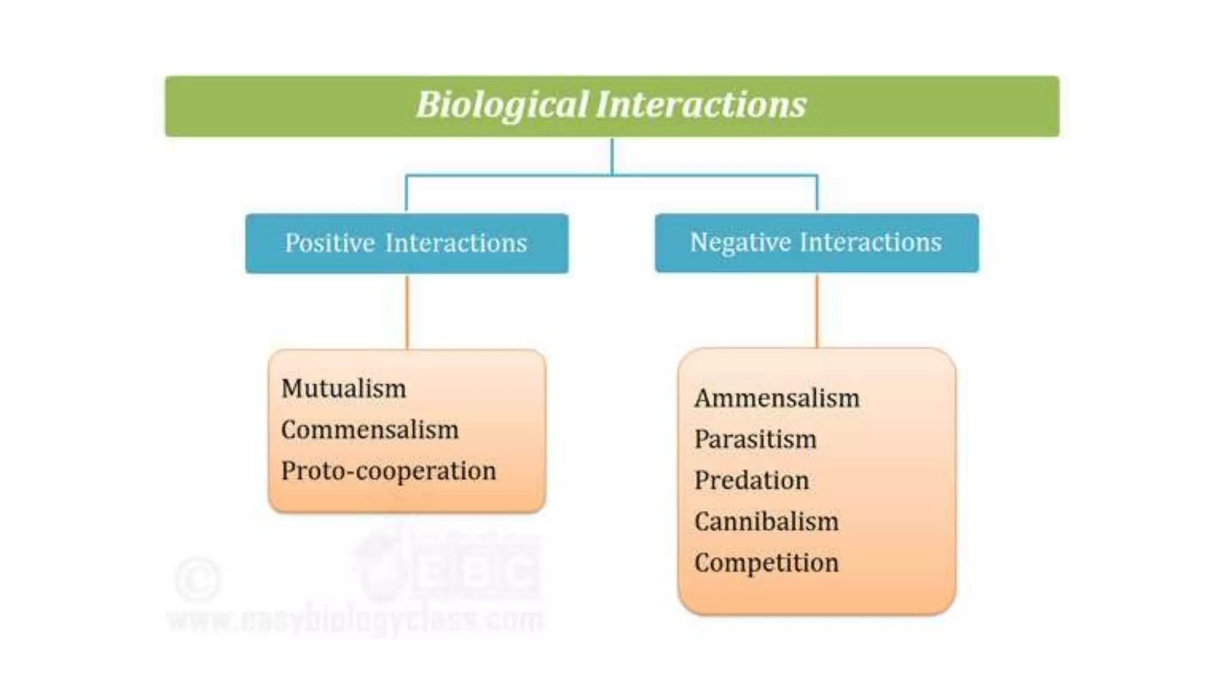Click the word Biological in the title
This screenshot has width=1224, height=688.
tap(502, 105)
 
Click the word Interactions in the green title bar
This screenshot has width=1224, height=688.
tap(700, 105)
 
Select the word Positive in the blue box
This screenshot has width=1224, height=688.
tap(330, 243)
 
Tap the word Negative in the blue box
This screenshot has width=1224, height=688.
tap(740, 242)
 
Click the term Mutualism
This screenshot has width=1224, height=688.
tap(344, 389)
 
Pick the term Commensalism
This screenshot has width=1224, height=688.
tap(369, 430)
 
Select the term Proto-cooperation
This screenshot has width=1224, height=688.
tap(388, 471)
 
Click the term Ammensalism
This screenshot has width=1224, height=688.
tap(776, 398)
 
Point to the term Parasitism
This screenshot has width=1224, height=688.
tap(755, 440)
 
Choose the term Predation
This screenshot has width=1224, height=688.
tap(751, 481)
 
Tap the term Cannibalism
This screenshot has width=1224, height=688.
tap(766, 522)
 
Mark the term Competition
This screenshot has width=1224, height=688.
tap(766, 563)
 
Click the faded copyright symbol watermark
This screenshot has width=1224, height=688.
tap(198, 579)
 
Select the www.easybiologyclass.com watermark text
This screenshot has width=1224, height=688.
tap(355, 619)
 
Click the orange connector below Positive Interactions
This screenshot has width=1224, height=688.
tap(407, 312)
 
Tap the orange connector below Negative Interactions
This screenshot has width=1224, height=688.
tap(817, 311)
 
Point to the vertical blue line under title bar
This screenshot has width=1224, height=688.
tap(612, 156)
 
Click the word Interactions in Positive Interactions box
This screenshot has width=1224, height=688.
tap(456, 243)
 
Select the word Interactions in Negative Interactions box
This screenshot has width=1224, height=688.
tap(870, 242)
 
